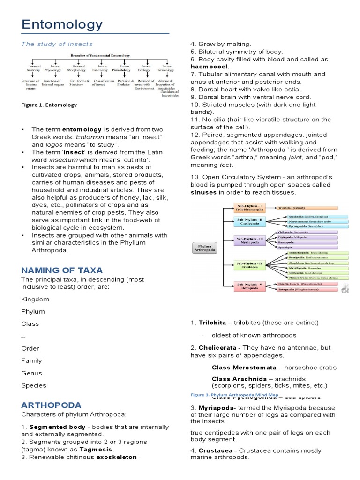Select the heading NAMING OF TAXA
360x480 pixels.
[x=62, y=270]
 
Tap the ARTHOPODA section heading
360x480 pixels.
[x=51, y=405]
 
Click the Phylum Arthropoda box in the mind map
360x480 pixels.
[x=204, y=248]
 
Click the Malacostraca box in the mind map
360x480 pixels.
[x=319, y=277]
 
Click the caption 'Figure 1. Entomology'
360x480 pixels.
[x=49, y=105]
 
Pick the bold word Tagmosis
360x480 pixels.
[x=98, y=450]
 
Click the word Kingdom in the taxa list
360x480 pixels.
[x=35, y=300]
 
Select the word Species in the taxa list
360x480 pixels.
[x=34, y=386]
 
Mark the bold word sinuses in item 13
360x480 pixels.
[x=204, y=193]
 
